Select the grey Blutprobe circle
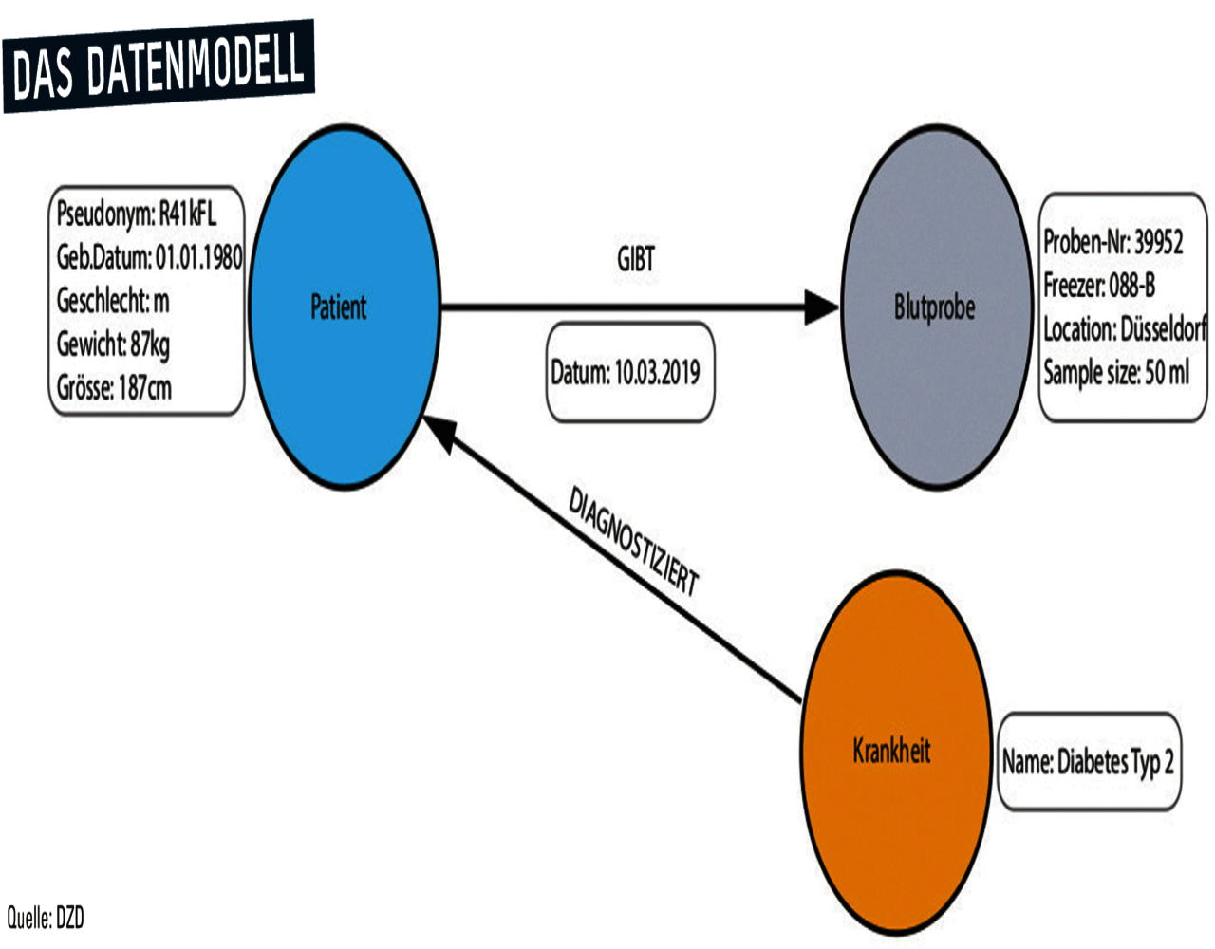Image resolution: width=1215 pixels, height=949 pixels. (x=935, y=307)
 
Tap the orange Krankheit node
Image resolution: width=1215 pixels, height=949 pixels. (x=893, y=751)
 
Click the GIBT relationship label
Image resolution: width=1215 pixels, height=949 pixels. (x=635, y=259)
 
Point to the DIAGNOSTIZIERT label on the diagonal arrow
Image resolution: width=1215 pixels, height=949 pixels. (x=632, y=542)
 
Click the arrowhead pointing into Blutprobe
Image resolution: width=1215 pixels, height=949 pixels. (x=820, y=307)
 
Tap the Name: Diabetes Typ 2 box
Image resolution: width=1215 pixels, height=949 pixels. (x=1088, y=761)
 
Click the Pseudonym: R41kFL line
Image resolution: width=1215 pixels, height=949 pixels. (x=137, y=214)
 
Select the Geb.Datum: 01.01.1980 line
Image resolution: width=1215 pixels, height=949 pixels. (x=149, y=256)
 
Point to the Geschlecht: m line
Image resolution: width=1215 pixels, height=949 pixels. (x=113, y=301)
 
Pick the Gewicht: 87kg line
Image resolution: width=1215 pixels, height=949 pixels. (x=113, y=344)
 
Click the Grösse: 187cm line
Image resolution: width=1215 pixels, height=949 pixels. (x=114, y=387)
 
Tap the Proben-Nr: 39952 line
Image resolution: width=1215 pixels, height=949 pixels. (x=1112, y=242)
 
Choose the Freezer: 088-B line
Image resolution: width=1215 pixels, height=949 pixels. (x=1099, y=285)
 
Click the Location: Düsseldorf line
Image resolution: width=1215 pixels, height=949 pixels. (x=1124, y=329)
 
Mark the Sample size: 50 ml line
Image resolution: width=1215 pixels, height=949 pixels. (x=1115, y=372)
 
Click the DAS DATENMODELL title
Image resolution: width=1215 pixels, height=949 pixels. (x=159, y=65)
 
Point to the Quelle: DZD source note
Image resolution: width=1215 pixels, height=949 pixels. (x=46, y=918)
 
